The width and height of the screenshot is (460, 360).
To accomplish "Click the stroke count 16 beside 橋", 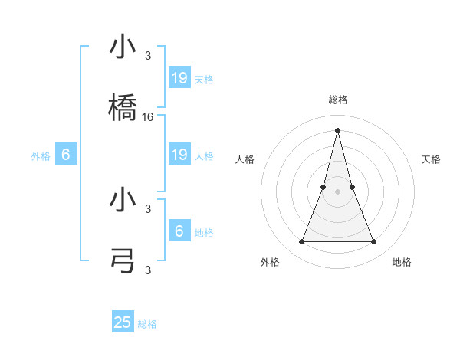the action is [148, 116].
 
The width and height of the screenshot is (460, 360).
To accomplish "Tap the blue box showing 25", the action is [123, 322].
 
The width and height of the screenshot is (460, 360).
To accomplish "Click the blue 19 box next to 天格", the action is [179, 78].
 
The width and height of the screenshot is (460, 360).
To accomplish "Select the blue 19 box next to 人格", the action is [179, 155].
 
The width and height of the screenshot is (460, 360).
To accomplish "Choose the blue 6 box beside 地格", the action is [179, 231].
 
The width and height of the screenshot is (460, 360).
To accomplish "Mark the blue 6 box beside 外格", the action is [66, 155].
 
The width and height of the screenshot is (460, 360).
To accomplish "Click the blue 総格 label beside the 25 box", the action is [148, 324].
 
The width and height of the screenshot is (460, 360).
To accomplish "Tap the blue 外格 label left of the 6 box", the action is [41, 156].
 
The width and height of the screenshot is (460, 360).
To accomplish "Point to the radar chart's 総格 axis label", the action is [338, 100].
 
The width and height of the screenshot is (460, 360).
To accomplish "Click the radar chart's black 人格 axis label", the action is [245, 159].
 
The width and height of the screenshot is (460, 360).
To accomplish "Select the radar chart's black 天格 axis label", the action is [432, 159].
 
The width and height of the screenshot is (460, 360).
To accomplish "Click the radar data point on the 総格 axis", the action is [338, 129].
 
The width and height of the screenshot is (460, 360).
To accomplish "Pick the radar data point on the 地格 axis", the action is [374, 242].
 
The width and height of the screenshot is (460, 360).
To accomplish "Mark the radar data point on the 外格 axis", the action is [302, 242].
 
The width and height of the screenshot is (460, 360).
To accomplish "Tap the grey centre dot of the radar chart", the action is [338, 192].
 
